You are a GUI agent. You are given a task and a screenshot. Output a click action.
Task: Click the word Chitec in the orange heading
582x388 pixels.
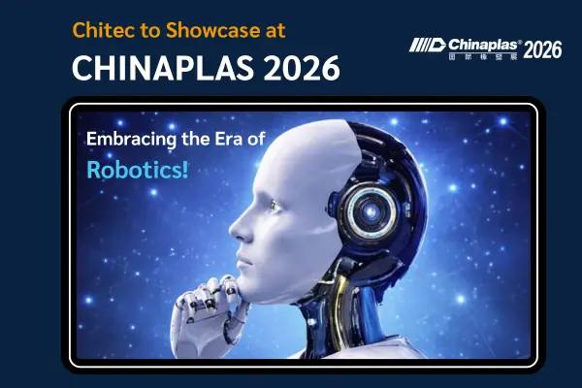101,30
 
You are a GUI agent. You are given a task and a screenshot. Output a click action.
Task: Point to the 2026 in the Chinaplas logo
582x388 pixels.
542,50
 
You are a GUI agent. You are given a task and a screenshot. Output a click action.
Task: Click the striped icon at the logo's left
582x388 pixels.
428,47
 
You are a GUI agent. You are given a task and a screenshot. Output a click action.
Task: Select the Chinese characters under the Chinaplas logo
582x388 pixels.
483,58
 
